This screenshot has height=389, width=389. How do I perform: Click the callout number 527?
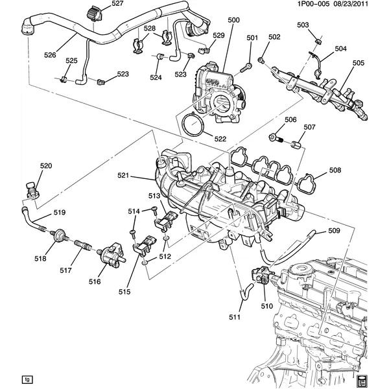(x=117, y=4)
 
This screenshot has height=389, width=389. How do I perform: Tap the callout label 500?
(x=233, y=20)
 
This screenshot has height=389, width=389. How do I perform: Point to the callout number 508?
(x=335, y=171)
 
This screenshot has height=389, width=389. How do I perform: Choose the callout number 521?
(x=142, y=176)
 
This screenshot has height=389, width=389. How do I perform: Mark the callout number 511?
(x=234, y=317)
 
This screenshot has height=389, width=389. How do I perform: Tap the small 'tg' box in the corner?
(x=27, y=379)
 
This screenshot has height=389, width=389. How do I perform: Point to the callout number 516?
(x=95, y=281)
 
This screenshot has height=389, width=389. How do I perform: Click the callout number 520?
(x=45, y=166)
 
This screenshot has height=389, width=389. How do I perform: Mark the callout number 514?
(x=133, y=211)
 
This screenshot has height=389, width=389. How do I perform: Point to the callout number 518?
(x=40, y=259)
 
